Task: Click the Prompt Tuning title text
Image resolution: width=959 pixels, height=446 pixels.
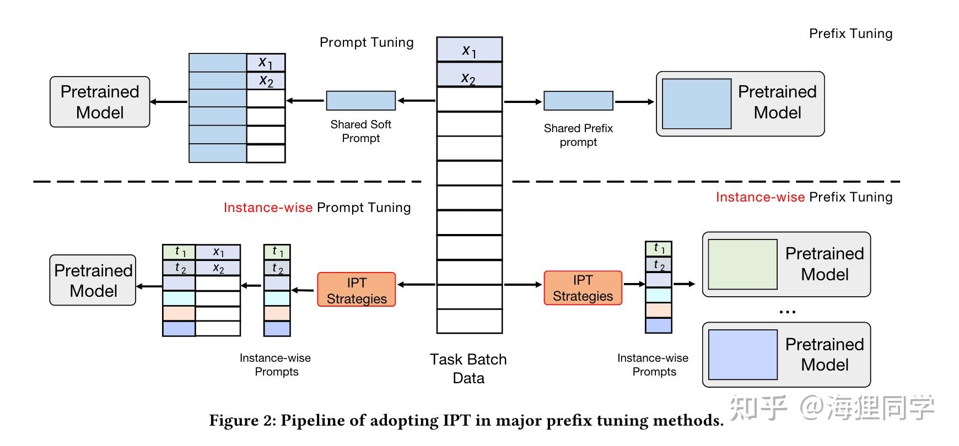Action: [x=367, y=42]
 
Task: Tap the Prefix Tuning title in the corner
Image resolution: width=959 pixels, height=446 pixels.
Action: [x=850, y=34]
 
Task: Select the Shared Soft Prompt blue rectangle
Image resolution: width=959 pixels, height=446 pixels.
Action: [x=360, y=101]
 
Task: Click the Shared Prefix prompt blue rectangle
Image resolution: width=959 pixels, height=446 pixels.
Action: [x=578, y=101]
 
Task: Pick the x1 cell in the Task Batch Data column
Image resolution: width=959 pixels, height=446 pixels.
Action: [x=469, y=50]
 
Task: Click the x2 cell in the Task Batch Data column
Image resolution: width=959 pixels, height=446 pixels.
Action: [x=469, y=75]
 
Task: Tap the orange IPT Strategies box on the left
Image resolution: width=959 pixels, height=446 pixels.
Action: [x=356, y=290]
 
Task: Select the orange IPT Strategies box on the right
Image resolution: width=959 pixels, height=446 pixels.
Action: [x=583, y=287]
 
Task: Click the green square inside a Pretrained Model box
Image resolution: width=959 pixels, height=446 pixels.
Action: [x=742, y=264]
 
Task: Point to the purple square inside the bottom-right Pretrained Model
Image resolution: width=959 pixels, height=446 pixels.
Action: [x=742, y=355]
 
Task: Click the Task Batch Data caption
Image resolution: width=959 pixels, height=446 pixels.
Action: [x=468, y=368]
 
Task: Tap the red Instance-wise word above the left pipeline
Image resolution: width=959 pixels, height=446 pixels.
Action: [x=268, y=208]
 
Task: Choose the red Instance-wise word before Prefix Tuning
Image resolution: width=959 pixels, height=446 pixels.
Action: [x=760, y=197]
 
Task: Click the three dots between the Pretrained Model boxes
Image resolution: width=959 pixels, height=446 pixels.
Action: [x=787, y=312]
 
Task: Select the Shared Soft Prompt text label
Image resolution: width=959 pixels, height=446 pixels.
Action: [x=360, y=131]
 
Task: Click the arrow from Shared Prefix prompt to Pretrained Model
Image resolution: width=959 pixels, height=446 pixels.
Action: [x=634, y=102]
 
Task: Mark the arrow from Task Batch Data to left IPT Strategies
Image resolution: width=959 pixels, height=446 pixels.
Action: [x=416, y=285]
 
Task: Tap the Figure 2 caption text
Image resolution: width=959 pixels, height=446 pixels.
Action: [x=466, y=421]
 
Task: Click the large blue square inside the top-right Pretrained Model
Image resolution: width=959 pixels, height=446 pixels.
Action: [x=697, y=104]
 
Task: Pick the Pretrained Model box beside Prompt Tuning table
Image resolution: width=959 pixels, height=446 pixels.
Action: [x=100, y=102]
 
